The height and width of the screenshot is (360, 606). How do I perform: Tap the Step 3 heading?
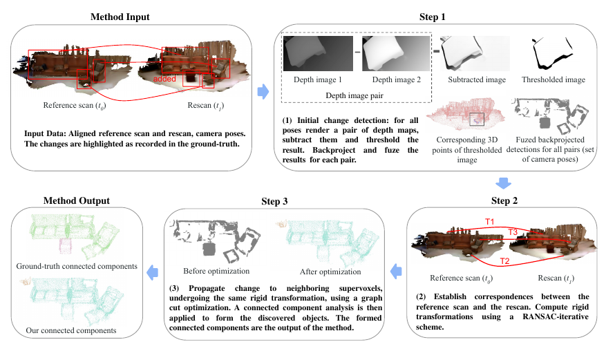276,201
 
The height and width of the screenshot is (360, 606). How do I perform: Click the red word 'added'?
166,80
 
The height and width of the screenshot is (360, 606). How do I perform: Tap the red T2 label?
505,261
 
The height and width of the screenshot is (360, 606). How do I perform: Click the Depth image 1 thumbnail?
317,53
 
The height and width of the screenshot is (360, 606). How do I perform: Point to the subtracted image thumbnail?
475,53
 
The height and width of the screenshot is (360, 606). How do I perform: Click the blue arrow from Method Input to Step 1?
263,92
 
